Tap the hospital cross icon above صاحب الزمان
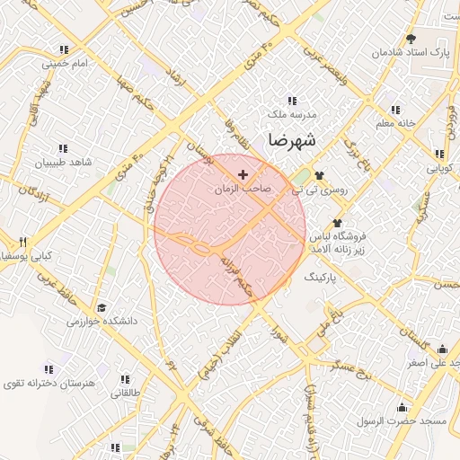click(243, 172)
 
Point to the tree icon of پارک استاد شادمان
click(411, 39)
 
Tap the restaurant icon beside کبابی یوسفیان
click(23, 242)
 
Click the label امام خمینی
click(66, 64)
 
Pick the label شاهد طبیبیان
click(63, 163)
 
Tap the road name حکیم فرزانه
click(240, 274)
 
